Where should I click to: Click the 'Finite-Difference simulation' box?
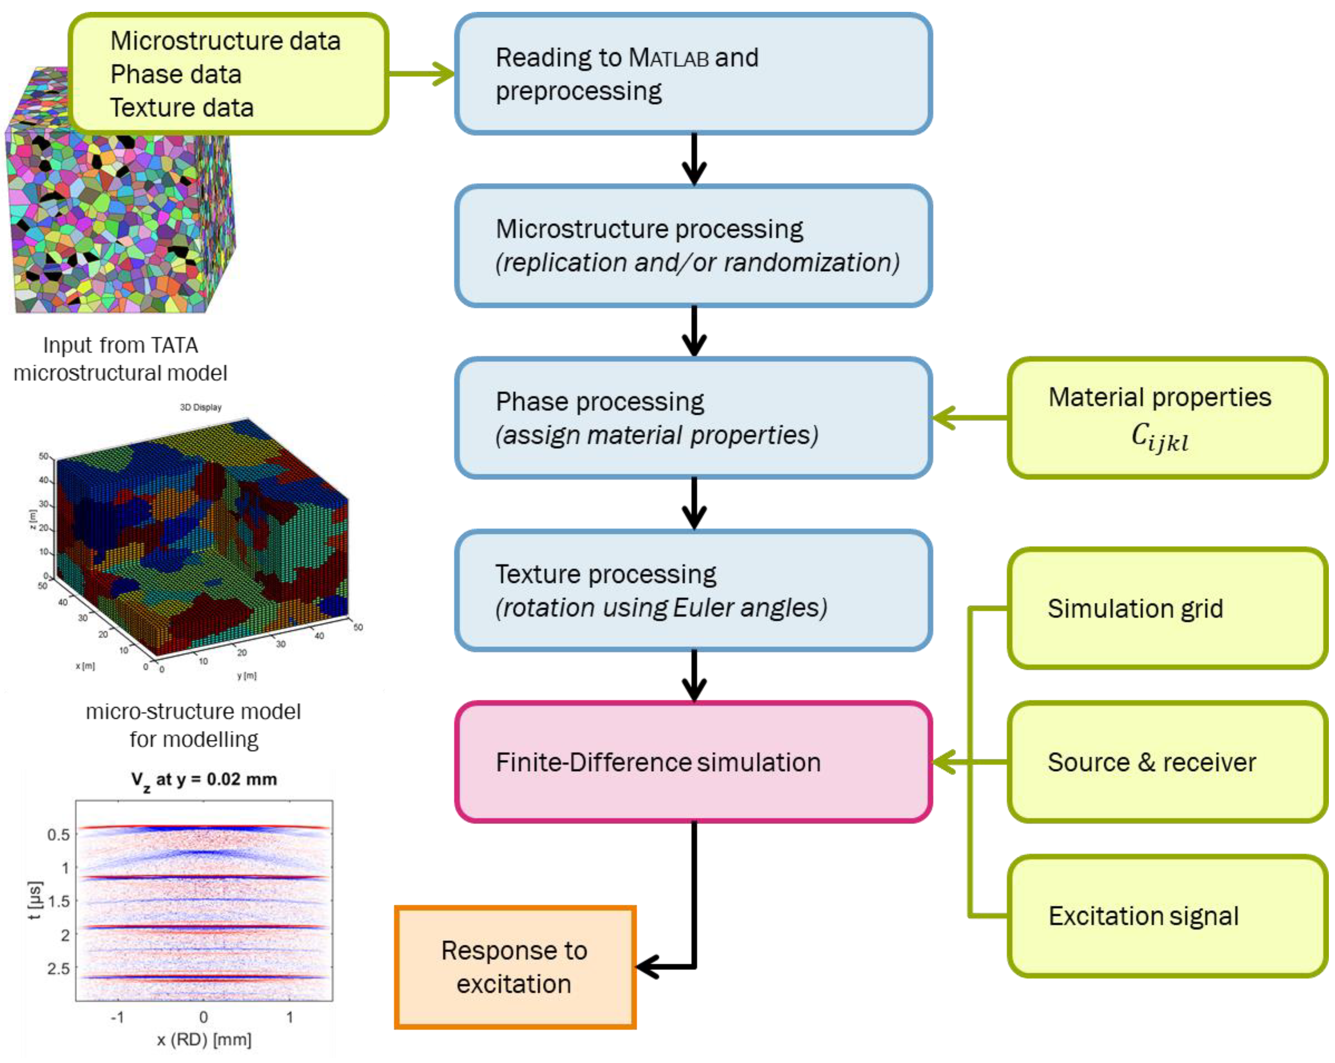[693, 762]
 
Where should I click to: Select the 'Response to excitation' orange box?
[515, 967]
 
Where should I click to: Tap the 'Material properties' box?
[1168, 418]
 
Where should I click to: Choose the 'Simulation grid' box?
[1168, 608]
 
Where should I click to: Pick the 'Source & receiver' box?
[1168, 762]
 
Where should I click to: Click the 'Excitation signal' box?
[1168, 916]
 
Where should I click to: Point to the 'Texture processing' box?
[693, 590]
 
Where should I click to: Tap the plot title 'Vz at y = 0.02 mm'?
[204, 780]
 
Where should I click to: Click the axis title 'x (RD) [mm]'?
[204, 1039]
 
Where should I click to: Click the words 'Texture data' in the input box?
[182, 108]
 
